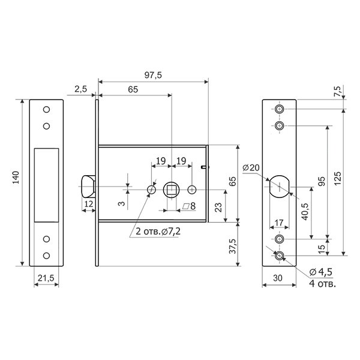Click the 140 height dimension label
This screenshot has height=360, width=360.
click(x=16, y=178)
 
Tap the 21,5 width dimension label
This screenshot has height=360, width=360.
click(x=46, y=278)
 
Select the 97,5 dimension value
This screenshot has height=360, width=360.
click(x=153, y=75)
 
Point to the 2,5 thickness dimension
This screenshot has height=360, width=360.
click(x=81, y=89)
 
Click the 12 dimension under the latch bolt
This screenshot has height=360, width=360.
click(x=88, y=203)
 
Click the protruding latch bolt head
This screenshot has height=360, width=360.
click(x=88, y=186)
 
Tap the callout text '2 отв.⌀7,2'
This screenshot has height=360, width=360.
click(x=158, y=232)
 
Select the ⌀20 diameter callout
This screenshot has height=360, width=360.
click(x=251, y=167)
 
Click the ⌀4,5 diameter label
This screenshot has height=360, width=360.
click(x=321, y=272)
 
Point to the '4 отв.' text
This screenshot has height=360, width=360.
click(x=322, y=284)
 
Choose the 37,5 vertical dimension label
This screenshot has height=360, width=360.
click(x=233, y=246)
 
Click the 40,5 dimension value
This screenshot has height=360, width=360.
click(x=305, y=212)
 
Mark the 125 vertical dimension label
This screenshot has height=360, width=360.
click(x=337, y=178)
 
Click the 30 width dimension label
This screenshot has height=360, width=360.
click(x=278, y=278)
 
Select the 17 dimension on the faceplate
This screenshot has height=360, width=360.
click(x=279, y=223)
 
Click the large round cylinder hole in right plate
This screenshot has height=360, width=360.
click(x=280, y=187)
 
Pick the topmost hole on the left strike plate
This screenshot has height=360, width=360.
click(x=47, y=109)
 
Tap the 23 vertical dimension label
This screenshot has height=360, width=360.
click(x=219, y=208)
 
